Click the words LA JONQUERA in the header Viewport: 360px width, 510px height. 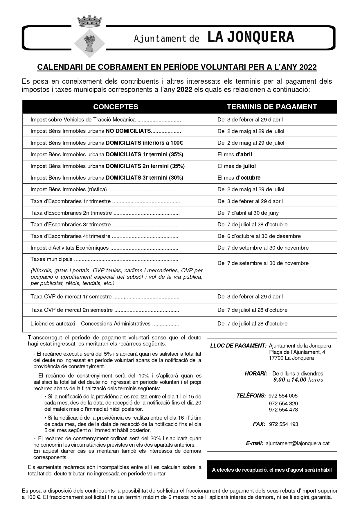click(251, 37)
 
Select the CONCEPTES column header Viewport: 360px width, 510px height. click(116, 107)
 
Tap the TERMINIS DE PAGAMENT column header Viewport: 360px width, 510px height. click(272, 107)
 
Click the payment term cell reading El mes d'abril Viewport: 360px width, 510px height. click(235, 154)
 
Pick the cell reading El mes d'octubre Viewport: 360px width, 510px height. click(239, 178)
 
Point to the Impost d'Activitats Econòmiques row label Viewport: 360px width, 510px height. click(69, 248)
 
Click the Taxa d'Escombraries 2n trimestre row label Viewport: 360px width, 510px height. click(71, 213)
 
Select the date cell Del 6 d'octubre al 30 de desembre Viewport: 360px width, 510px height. click(259, 236)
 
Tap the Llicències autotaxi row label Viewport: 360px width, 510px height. click(90, 324)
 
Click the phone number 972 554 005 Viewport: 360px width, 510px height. click(283, 396)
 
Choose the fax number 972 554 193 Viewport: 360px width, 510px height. click(284, 424)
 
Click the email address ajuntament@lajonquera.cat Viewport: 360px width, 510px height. click(298, 443)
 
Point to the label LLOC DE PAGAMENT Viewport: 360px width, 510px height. click(238, 346)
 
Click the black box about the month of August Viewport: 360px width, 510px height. click(272, 470)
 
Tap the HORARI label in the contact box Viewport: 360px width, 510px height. click(256, 373)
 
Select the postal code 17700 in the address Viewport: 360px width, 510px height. click(276, 358)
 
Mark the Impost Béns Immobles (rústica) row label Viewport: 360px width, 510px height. click(69, 189)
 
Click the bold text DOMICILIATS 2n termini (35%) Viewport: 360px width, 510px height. click(145, 166)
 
